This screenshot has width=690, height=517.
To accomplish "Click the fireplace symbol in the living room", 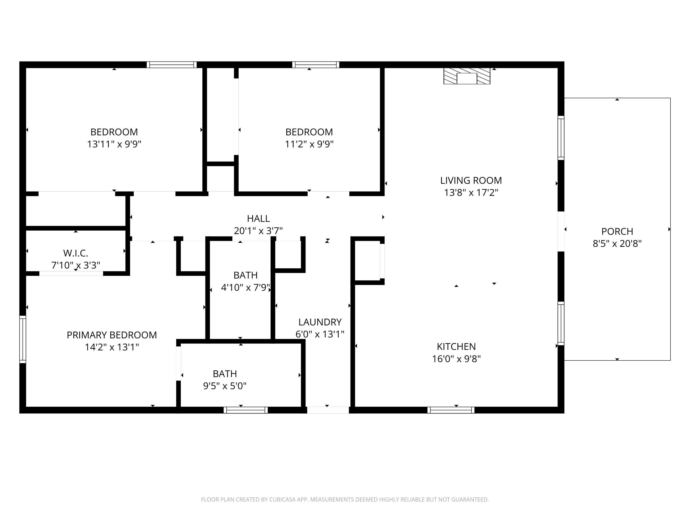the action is pos(467,76).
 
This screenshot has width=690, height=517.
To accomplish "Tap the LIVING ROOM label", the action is pos(471,180).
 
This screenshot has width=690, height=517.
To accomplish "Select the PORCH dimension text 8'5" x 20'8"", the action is pos(617,243).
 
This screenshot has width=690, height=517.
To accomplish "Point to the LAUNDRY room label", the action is pos(320,322).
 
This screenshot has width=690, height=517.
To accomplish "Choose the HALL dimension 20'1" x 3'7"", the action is pos(258,231).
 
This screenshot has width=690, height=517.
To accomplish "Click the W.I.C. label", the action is pos(75,253).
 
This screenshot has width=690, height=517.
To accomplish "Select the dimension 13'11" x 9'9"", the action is pos(114,144).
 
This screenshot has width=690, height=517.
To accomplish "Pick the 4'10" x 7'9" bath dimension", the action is pos(245,287).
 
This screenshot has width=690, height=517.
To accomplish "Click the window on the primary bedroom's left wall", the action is pos(23,339).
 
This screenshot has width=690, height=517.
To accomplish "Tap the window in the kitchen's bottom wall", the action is pos(451,410).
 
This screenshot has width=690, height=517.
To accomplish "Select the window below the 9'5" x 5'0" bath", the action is pos(245,410).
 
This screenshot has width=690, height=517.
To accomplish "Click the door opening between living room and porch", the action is pos(561,232).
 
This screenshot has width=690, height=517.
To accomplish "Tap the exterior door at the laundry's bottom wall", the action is pos(328,410).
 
